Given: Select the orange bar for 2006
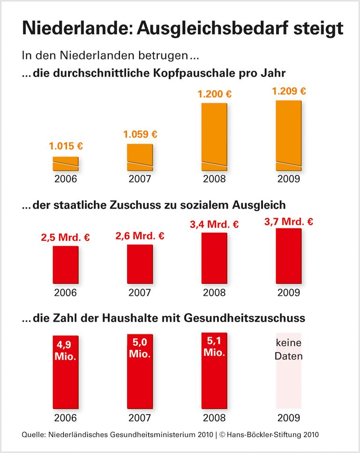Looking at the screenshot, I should pyautogui.click(x=65, y=164).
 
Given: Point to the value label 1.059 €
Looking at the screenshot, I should pyautogui.click(x=140, y=135).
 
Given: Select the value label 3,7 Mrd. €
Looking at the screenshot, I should pyautogui.click(x=289, y=220).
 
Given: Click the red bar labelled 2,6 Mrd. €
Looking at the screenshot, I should pyautogui.click(x=140, y=265).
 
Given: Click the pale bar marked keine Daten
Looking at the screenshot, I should pyautogui.click(x=289, y=375).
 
